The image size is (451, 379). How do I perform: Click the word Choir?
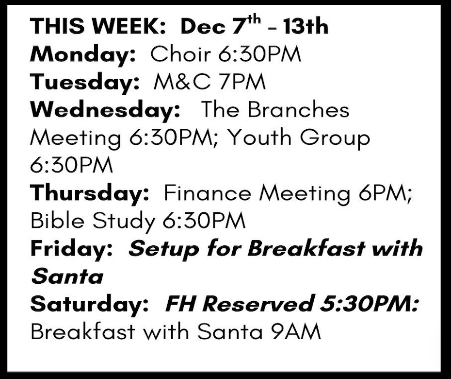[181, 54]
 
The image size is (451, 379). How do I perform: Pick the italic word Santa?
[67, 276]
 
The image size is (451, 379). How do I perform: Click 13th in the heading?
[306, 26]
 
